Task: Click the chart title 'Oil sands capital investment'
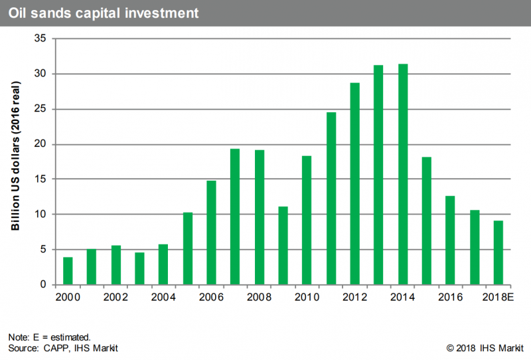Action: [104, 13]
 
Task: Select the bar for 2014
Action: [403, 174]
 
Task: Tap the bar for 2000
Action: [68, 271]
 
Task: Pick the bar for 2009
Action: [283, 245]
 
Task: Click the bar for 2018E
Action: [498, 252]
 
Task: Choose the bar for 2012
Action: [355, 184]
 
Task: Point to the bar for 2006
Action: [211, 232]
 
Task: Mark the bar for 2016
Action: [450, 240]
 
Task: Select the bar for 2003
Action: [139, 268]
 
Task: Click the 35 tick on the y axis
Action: [40, 39]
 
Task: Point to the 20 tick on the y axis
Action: [40, 143]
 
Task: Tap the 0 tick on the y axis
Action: [43, 284]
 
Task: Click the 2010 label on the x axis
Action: [307, 297]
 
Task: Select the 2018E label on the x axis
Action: [498, 297]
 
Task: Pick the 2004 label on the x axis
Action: [163, 297]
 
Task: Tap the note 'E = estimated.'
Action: [62, 337]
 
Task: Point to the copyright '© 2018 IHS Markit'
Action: [485, 348]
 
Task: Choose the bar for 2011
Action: [331, 199]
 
